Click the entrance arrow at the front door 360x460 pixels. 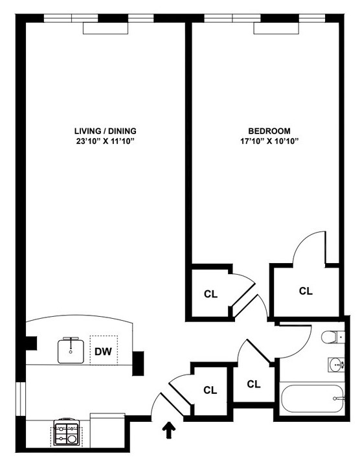point(169,430)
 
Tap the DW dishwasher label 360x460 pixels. point(103,351)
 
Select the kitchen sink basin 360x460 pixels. point(71,351)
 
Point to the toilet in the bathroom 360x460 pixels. point(333,337)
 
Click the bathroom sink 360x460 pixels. point(336,365)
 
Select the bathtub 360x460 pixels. point(312,398)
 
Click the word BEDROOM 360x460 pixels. point(269,131)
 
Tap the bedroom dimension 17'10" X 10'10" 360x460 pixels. point(269,141)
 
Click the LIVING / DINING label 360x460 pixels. point(106,131)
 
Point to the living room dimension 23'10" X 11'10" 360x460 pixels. point(106,141)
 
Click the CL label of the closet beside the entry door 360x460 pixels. point(210,390)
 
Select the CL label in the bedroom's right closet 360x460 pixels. point(306,291)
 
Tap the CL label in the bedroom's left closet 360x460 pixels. point(211,294)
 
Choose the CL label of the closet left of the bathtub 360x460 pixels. point(254,384)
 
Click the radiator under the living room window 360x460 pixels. point(106,29)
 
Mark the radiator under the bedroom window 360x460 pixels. point(276,29)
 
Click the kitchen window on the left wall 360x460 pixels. point(21,398)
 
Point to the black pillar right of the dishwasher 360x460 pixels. point(138,363)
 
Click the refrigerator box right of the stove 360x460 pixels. point(107,430)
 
